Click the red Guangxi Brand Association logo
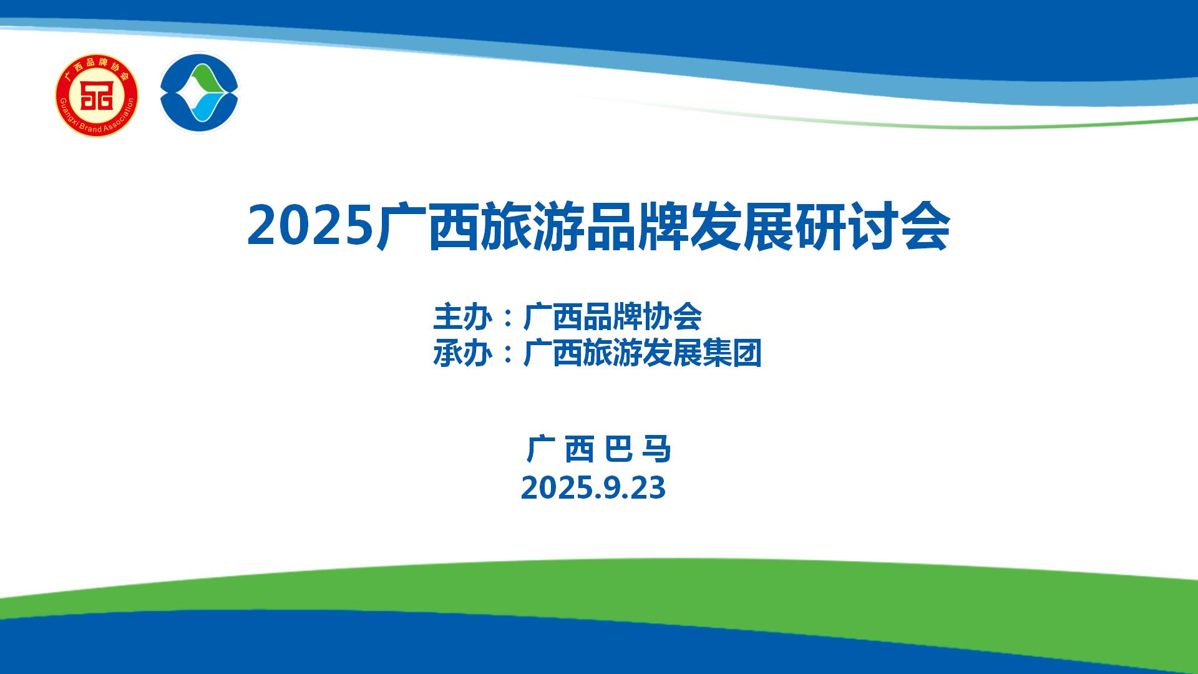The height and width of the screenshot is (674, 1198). coord(97,95)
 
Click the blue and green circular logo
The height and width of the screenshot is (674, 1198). coord(200,93)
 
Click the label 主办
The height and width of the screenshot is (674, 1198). coord(462,317)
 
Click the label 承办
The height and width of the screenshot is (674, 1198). coord(462,354)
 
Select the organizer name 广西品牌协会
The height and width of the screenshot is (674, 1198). coord(613,317)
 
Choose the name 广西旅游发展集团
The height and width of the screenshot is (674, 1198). coord(643,354)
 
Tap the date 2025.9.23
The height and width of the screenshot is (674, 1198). coord(593,488)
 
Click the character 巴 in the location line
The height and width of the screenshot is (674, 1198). coord(618,449)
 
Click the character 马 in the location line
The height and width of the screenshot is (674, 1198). coord(656,449)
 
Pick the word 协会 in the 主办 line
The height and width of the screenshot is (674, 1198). coord(673,317)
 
